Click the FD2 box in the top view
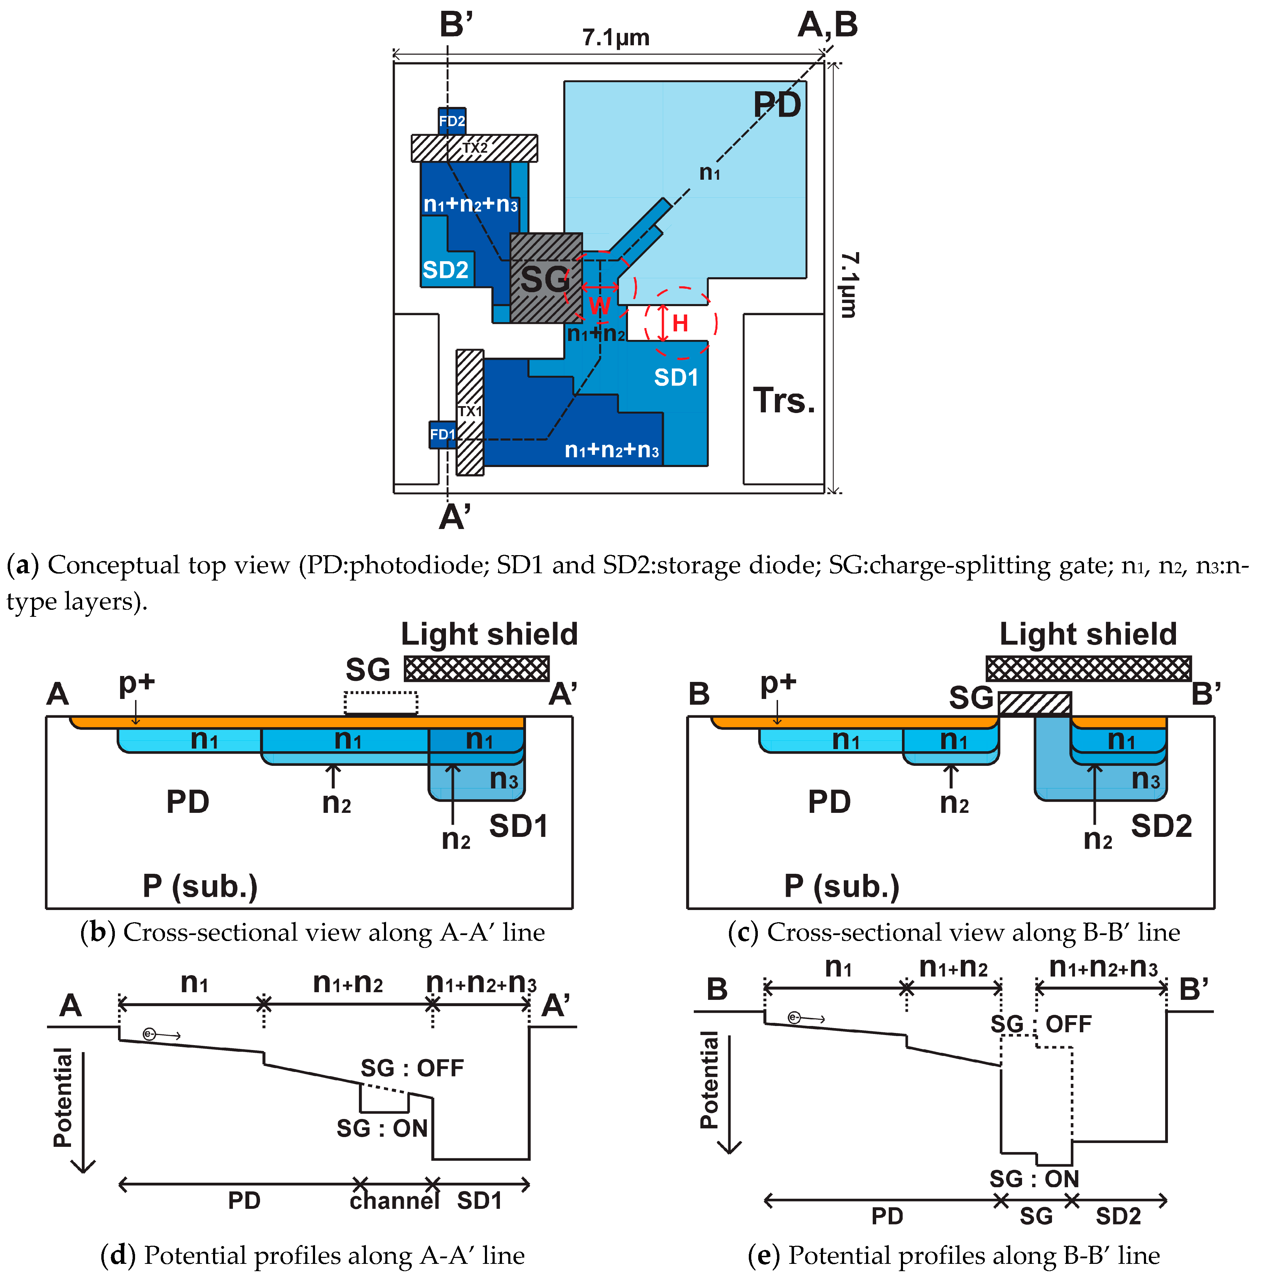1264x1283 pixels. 452,121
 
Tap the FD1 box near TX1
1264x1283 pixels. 442,434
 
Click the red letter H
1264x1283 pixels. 680,324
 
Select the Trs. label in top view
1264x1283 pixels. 783,401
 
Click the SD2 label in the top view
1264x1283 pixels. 446,270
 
